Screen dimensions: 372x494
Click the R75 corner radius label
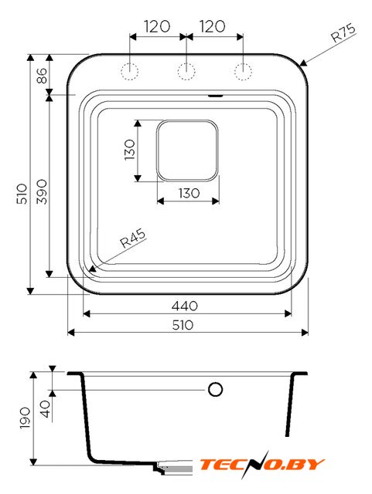[343, 32]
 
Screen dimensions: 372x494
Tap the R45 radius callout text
[133, 238]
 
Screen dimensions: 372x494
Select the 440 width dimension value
[185, 306]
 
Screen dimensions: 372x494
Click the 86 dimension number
[42, 76]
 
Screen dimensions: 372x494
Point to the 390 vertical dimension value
[42, 191]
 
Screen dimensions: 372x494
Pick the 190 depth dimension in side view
[25, 418]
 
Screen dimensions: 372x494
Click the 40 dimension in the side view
[46, 408]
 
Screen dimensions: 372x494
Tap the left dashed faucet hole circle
[129, 71]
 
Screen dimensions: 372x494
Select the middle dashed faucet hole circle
[186, 71]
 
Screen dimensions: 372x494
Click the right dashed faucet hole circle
[243, 71]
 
